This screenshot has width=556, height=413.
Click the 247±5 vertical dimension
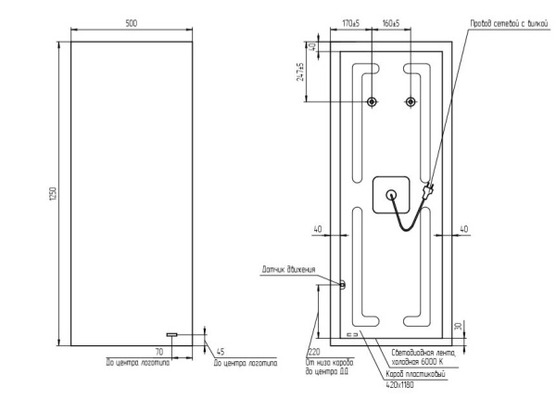tap(301, 72)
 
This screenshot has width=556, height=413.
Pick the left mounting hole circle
tap(372, 101)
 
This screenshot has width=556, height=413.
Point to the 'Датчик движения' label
tap(288, 270)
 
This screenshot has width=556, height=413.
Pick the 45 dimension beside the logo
tap(220, 352)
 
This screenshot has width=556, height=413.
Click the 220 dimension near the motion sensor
tap(312, 353)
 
